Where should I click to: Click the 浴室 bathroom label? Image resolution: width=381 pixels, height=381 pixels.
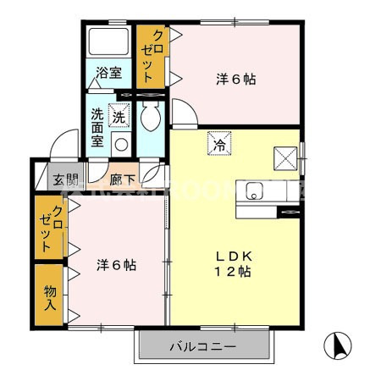tap(108, 73)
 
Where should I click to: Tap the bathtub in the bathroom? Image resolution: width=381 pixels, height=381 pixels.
tap(108, 43)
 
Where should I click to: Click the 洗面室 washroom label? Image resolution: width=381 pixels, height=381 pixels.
tap(98, 127)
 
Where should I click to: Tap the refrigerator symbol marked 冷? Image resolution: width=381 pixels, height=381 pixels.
tap(218, 144)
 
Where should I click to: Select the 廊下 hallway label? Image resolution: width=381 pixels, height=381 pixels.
tap(122, 179)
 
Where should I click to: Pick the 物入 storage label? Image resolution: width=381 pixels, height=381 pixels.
tap(50, 296)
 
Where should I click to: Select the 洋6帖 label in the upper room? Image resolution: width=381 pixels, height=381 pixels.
tap(236, 80)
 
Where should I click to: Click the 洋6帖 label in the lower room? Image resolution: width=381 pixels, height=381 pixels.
tap(115, 264)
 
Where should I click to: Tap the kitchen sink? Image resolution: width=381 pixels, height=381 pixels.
tap(253, 190)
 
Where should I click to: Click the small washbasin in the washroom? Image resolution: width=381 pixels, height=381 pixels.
tap(121, 143)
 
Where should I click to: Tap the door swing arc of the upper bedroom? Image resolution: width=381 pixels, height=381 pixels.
tap(181, 113)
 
